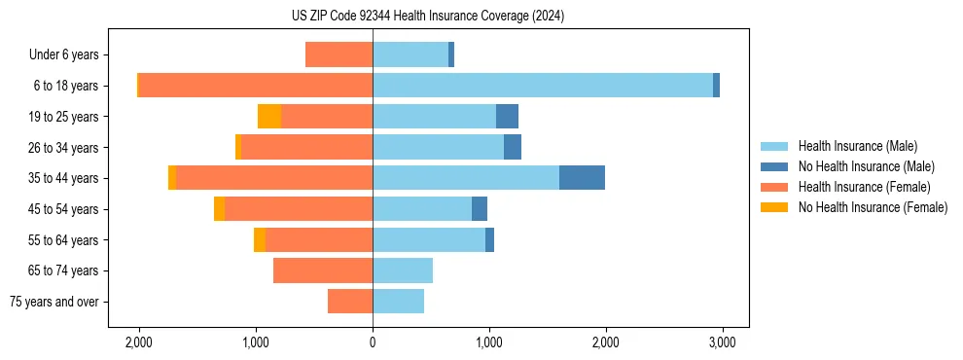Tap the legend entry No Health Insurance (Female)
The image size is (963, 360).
(873, 207)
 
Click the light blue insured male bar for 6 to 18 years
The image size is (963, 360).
(542, 86)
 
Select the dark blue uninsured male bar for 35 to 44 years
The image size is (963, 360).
(582, 178)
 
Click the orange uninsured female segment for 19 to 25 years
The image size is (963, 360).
(269, 117)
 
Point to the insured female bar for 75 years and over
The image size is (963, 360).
(350, 302)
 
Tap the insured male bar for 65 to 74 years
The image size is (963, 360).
(403, 270)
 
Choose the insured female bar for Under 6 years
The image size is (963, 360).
(339, 54)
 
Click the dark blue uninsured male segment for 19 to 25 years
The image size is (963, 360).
(507, 117)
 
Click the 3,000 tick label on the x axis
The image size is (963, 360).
(722, 342)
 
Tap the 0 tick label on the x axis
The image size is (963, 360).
(373, 342)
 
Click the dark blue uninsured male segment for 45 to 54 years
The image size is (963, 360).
(480, 209)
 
